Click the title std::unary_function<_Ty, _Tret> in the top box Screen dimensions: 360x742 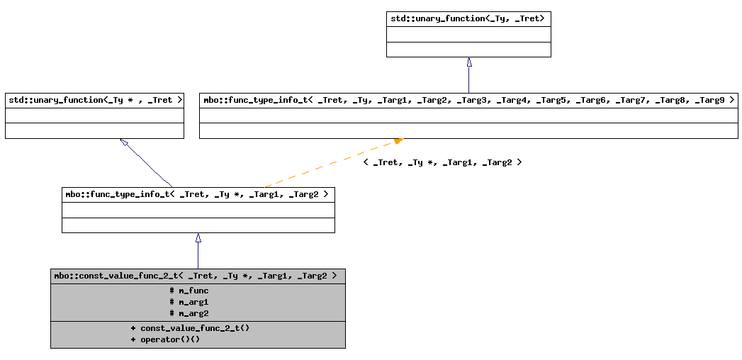click(468, 18)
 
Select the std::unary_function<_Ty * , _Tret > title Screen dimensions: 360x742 click(94, 101)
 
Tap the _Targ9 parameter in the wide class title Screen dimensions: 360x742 click(709, 101)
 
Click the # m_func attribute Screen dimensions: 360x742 click(189, 291)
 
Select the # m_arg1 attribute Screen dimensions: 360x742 click(189, 302)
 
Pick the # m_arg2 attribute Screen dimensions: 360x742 click(189, 313)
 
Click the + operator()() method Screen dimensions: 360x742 click(165, 339)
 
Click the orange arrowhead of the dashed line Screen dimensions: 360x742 click(398, 141)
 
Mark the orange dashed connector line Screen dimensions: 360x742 click(326, 164)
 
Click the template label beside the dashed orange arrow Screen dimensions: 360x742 click(442, 162)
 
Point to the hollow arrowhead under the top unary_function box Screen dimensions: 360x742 click(469, 62)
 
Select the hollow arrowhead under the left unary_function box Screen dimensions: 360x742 click(124, 142)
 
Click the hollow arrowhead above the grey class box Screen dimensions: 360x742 click(198, 238)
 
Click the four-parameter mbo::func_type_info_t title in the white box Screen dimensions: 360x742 click(198, 194)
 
